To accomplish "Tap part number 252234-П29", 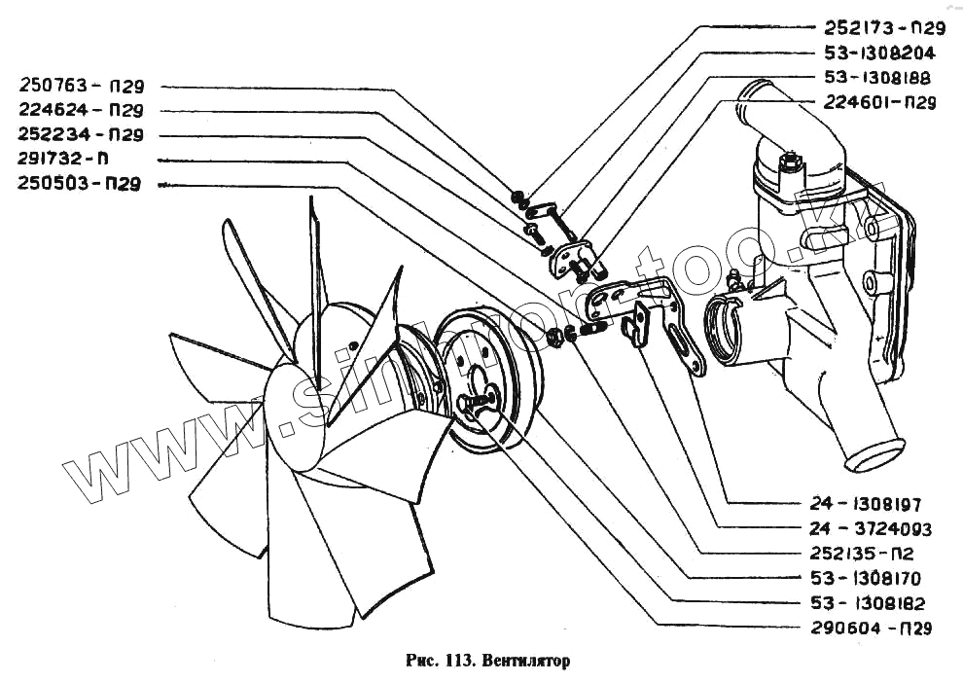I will tap(82, 134).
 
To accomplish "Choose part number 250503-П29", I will tap(82, 184).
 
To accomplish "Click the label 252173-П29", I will tap(884, 28).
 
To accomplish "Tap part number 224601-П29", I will tap(879, 102).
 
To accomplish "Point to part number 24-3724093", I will tap(869, 529).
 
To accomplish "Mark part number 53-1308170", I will tap(865, 578).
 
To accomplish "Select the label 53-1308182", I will tap(865, 602).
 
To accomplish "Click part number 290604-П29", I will tap(871, 629).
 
